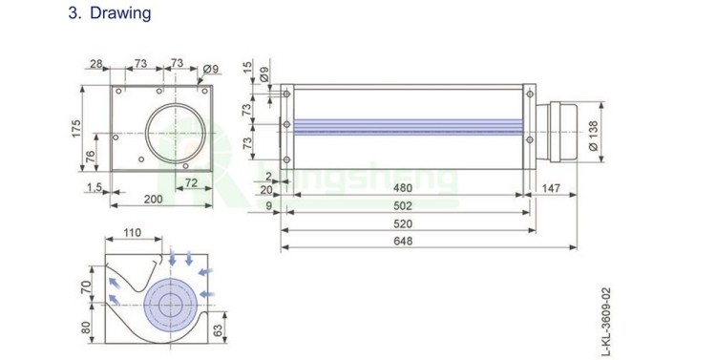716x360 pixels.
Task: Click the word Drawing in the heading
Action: tap(120, 12)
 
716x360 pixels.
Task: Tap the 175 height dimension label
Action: tap(75, 128)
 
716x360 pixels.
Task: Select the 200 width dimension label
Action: tap(154, 200)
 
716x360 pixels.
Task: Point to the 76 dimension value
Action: tap(91, 157)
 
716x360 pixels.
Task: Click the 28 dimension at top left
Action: tap(95, 64)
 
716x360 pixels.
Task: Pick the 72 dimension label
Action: tap(191, 182)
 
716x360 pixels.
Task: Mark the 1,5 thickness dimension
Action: tap(95, 187)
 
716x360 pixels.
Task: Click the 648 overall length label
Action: tap(403, 241)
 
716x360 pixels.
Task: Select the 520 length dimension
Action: tap(403, 223)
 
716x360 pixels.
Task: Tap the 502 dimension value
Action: tap(403, 206)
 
